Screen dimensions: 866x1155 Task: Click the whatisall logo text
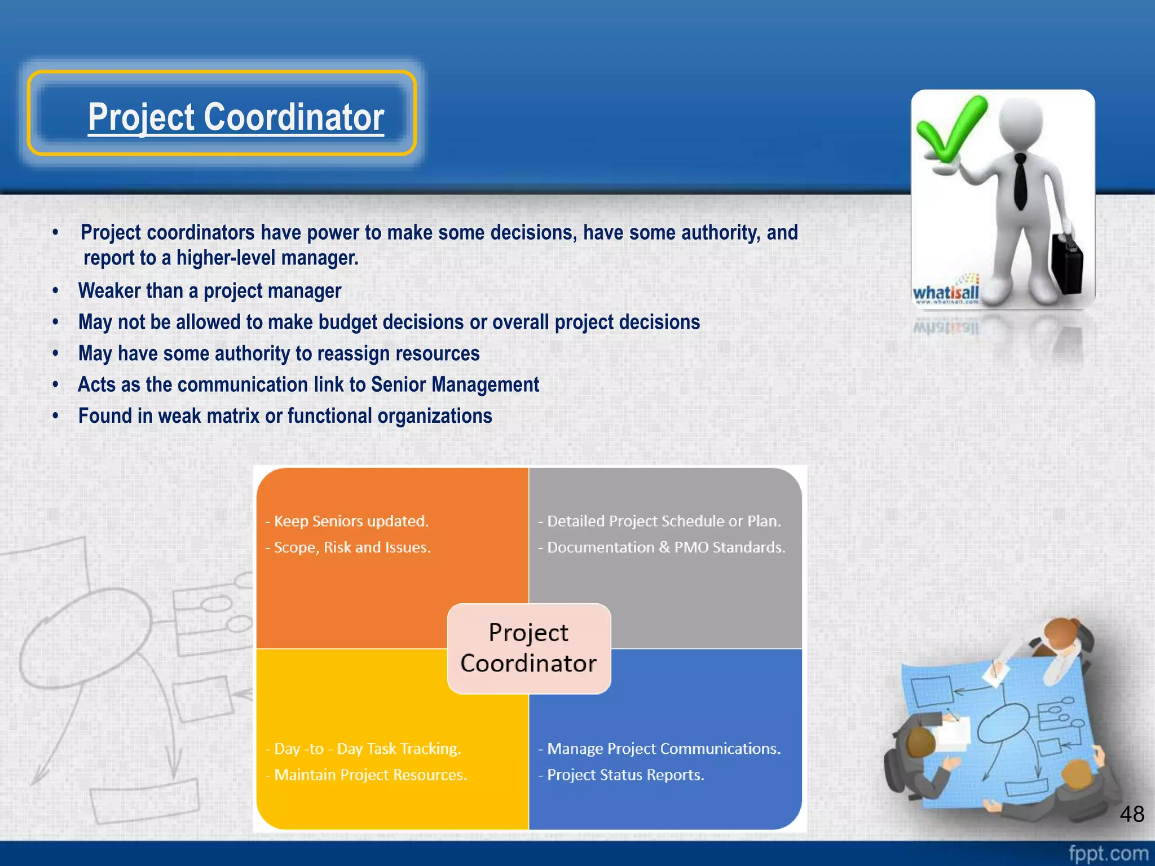[x=946, y=293]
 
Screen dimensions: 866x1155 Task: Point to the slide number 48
[x=1131, y=814]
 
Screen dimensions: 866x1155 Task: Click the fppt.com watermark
[x=1108, y=853]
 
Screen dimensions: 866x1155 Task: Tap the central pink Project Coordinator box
[x=528, y=648]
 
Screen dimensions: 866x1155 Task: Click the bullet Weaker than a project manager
[x=210, y=291]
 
